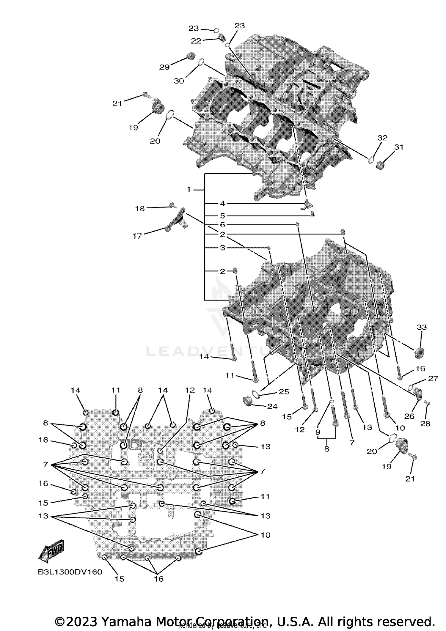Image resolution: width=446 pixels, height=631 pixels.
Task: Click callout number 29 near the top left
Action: click(164, 67)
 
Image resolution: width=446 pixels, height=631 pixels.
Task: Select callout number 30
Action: click(179, 81)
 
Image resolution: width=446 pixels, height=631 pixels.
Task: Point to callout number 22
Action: click(196, 41)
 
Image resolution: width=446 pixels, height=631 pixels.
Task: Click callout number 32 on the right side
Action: click(382, 138)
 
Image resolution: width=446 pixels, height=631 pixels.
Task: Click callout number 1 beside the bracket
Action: click(189, 189)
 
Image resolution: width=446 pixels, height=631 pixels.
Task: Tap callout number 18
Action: click(140, 209)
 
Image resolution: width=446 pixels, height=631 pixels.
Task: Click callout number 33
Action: click(422, 327)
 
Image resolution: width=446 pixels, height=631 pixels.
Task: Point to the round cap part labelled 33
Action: click(420, 353)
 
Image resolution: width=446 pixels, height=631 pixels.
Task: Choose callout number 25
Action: click(284, 392)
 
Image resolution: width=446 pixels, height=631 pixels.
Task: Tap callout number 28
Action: click(425, 424)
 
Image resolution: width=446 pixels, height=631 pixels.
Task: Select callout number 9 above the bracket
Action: click(318, 432)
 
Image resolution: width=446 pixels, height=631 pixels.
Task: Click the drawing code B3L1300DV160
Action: click(70, 572)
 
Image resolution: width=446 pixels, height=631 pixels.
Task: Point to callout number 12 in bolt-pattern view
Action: click(190, 390)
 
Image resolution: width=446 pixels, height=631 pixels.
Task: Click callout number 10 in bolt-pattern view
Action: click(265, 535)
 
